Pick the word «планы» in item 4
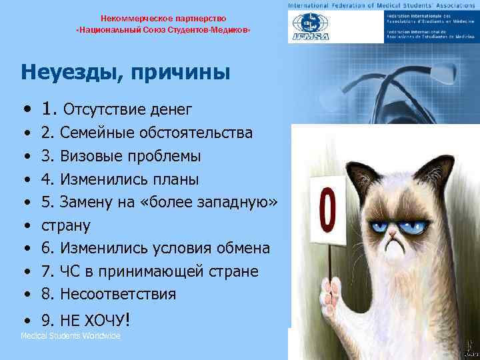176,179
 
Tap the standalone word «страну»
66,225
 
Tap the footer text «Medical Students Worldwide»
71,336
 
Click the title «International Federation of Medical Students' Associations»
381,5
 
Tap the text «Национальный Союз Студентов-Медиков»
163,31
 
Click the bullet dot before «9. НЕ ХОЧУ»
25,321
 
